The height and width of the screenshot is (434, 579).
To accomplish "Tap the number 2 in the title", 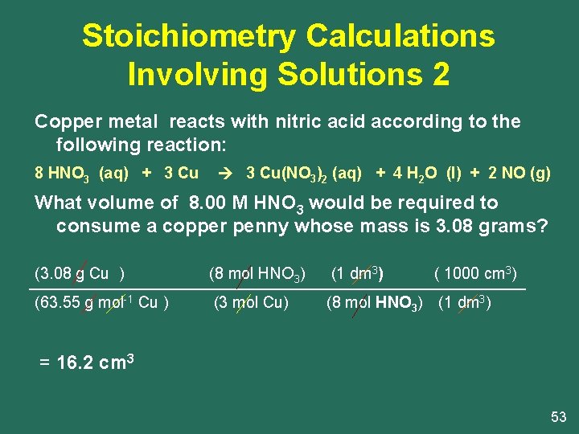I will (441, 74).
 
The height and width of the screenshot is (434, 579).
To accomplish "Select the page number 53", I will (558, 416).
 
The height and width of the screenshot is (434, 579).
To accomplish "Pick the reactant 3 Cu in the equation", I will (182, 173).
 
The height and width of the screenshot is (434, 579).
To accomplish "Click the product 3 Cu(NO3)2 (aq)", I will (303, 174).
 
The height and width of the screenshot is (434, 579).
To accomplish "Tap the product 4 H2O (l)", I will (424, 174).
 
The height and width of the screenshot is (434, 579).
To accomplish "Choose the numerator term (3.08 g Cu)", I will (80, 273).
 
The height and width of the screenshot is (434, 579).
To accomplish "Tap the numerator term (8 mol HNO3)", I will (257, 274).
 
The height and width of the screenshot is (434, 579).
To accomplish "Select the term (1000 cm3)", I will (475, 273).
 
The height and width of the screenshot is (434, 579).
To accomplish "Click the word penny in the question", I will (261, 226).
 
